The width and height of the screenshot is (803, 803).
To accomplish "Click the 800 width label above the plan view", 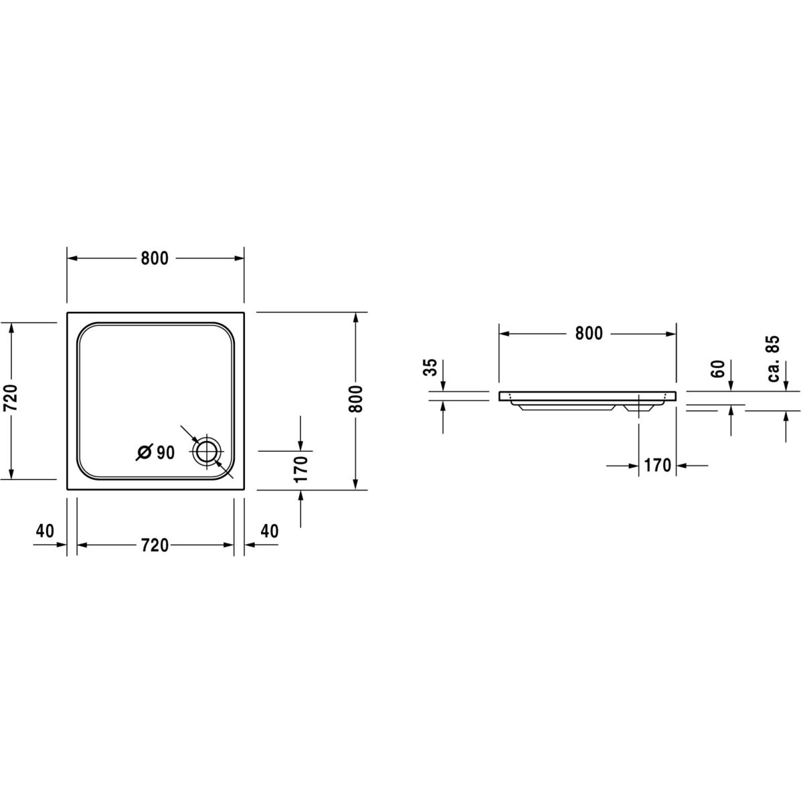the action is pyautogui.click(x=155, y=258).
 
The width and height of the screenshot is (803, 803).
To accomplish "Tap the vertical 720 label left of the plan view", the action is pyautogui.click(x=11, y=397).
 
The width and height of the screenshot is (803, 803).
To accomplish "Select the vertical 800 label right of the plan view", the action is pyautogui.click(x=355, y=399).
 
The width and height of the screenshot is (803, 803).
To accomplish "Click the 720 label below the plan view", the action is pyautogui.click(x=155, y=545).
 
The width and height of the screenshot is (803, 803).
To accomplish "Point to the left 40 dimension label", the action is pyautogui.click(x=45, y=531).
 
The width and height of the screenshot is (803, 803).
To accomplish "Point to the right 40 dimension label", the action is pyautogui.click(x=269, y=531).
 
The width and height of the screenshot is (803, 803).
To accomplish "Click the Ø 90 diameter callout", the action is pyautogui.click(x=155, y=452).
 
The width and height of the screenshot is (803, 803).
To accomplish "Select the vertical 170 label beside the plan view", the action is pyautogui.click(x=300, y=469).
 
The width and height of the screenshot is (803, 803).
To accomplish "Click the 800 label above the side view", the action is pyautogui.click(x=589, y=333).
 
